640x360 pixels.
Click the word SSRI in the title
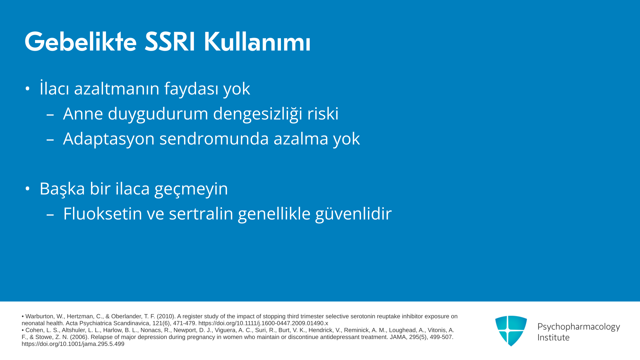pyautogui.click(x=170, y=42)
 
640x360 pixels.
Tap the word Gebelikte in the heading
pyautogui.click(x=81, y=42)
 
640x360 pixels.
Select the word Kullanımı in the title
pyautogui.click(x=257, y=42)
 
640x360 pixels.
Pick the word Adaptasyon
pyautogui.click(x=109, y=139)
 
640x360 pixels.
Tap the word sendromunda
pyautogui.click(x=214, y=138)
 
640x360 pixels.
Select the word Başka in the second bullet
pyautogui.click(x=62, y=189)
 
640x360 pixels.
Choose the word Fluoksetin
pyautogui.click(x=103, y=213)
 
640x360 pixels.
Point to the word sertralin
pyautogui.click(x=201, y=213)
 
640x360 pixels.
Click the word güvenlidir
pyautogui.click(x=353, y=214)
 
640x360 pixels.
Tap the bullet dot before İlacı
pyautogui.click(x=27, y=89)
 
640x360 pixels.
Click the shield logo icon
pyautogui.click(x=511, y=331)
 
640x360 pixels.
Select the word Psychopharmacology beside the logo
pyautogui.click(x=579, y=327)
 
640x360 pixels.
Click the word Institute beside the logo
pyautogui.click(x=553, y=338)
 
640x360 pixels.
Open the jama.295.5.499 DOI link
pyautogui.click(x=73, y=344)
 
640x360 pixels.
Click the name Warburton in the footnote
pyautogui.click(x=39, y=316)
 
